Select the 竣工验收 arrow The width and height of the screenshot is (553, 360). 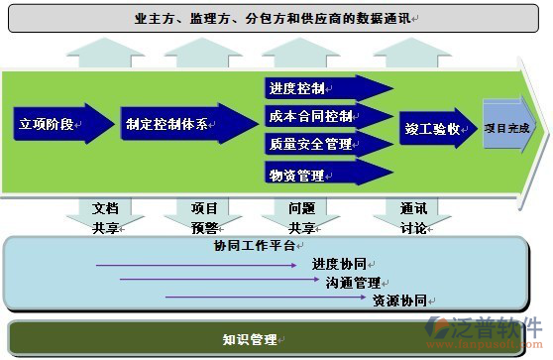[x=436, y=128]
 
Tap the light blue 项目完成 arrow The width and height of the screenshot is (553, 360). [x=507, y=128]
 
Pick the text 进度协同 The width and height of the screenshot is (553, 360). [x=340, y=264]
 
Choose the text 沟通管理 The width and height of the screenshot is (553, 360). [x=354, y=282]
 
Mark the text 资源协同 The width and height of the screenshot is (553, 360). [x=399, y=299]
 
